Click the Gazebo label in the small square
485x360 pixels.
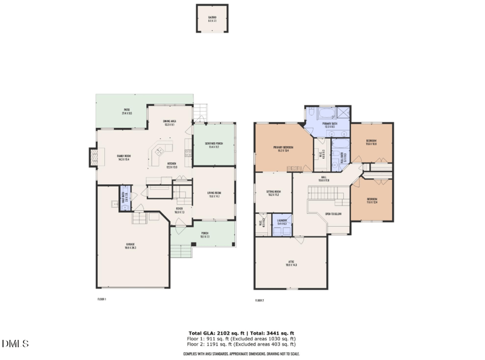click(x=212, y=18)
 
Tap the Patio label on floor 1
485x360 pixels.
click(x=127, y=113)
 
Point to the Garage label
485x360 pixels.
click(x=130, y=246)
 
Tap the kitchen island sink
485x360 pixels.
click(x=160, y=152)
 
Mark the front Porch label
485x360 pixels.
click(x=205, y=236)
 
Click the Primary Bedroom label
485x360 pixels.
click(x=283, y=148)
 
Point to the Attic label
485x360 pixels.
click(x=291, y=264)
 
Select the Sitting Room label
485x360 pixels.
click(x=273, y=193)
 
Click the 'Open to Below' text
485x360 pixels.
click(x=333, y=214)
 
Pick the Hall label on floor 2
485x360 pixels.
click(x=324, y=179)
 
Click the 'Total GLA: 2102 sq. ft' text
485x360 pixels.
click(x=215, y=333)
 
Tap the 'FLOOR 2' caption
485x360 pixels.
click(x=259, y=300)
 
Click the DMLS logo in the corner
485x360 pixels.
click(x=15, y=344)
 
